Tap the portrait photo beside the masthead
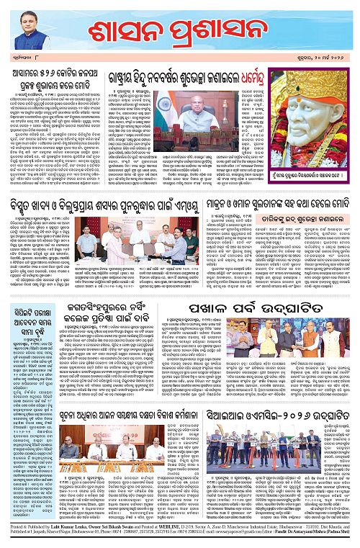pos(26,33)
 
